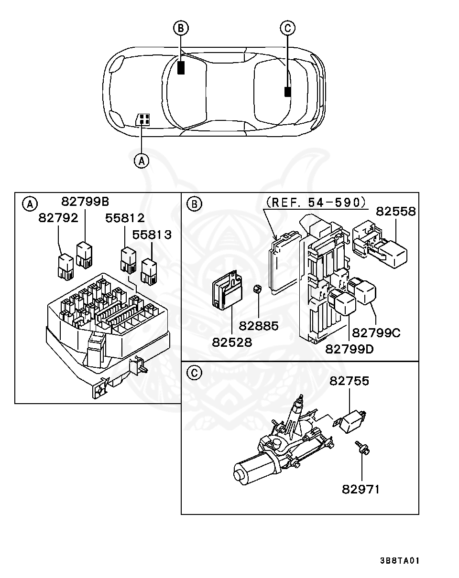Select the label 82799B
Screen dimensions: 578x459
coord(85,201)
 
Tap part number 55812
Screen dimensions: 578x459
coord(125,218)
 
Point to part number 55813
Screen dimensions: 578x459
coord(152,235)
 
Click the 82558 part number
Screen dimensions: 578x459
coord(395,212)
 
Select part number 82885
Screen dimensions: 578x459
coord(258,326)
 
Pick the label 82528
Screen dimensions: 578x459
coord(231,342)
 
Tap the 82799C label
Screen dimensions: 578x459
coord(376,332)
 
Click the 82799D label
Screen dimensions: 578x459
coord(349,349)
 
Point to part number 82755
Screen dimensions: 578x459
coord(349,381)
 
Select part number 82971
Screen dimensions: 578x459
coord(361,489)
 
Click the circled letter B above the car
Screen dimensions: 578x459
coord(180,29)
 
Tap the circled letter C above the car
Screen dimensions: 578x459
coord(287,29)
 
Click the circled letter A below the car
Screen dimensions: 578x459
coord(141,161)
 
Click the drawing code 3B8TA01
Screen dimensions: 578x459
coord(400,561)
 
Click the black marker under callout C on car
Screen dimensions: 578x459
coord(287,92)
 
